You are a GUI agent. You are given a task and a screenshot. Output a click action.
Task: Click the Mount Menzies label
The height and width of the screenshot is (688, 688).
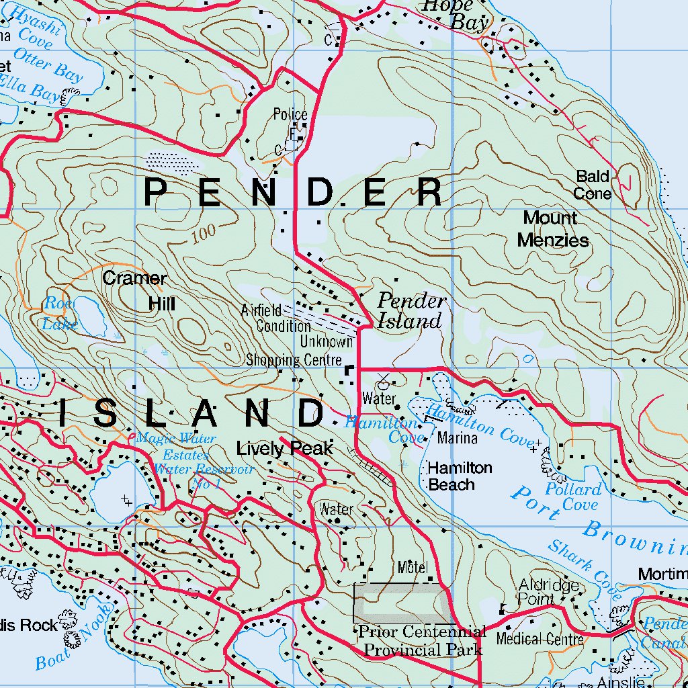pos(552,229)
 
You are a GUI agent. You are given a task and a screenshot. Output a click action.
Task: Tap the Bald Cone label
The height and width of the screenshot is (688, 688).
pos(593,185)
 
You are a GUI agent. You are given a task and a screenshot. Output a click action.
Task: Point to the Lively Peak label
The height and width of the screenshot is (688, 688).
pos(285,449)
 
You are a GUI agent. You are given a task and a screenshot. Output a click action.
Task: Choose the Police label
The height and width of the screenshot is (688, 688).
pos(290,115)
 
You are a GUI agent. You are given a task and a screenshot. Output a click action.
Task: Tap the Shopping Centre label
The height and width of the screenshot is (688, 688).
pos(294,360)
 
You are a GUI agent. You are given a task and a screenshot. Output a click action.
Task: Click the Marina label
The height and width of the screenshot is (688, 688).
pos(457,439)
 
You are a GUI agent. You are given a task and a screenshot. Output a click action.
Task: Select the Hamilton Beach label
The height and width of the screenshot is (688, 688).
pos(460,476)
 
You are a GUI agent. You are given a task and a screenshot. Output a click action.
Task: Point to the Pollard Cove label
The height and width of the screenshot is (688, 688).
pos(572,497)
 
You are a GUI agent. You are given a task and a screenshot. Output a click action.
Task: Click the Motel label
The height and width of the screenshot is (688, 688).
pos(413,567)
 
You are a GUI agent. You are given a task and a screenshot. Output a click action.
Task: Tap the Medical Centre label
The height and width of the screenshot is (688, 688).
pos(540,639)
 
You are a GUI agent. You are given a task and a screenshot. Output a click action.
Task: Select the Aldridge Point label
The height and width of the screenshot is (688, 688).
pos(548,591)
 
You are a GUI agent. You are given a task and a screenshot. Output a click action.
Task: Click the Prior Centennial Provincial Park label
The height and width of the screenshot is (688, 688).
pos(423,641)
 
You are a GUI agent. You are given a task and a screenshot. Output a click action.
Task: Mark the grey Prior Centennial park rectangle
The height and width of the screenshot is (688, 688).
pos(402,603)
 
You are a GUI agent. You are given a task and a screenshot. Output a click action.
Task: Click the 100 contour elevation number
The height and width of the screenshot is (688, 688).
pos(203,234)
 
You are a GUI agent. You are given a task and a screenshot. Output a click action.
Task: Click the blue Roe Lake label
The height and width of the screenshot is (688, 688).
pos(60,314)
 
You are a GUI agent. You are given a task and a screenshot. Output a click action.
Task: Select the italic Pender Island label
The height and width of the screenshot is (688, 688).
pos(411,310)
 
